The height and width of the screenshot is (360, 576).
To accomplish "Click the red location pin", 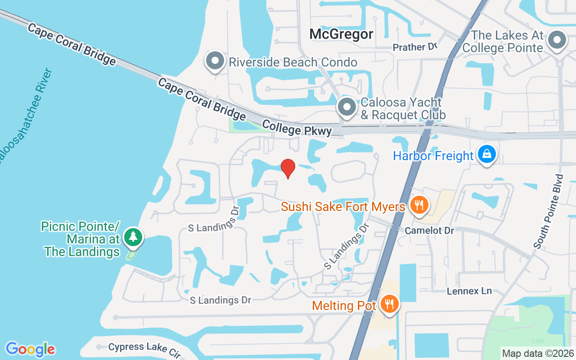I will [288, 168].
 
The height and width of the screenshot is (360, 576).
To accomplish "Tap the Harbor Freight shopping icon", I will [486, 154].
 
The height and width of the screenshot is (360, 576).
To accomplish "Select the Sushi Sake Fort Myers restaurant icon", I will [419, 205].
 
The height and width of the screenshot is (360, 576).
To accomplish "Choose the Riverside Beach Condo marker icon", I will [215, 61].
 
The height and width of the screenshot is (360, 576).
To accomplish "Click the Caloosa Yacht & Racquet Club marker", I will [347, 107].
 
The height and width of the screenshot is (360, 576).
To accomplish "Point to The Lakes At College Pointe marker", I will [557, 40].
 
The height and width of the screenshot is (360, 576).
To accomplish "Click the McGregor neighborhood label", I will [342, 34].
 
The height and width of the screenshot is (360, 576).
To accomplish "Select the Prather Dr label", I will [415, 47].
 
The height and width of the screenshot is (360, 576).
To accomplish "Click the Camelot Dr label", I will [429, 230].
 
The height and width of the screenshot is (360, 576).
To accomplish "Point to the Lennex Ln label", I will [469, 291].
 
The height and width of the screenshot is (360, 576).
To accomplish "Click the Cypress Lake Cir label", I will [144, 349].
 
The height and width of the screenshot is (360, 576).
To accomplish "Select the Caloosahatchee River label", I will [25, 117].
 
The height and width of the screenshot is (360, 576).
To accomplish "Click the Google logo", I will [30, 349].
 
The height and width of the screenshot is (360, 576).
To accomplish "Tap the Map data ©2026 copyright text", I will [538, 353].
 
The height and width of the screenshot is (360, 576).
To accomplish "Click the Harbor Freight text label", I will [433, 156].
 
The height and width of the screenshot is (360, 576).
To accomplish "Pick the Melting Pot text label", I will [344, 306].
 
